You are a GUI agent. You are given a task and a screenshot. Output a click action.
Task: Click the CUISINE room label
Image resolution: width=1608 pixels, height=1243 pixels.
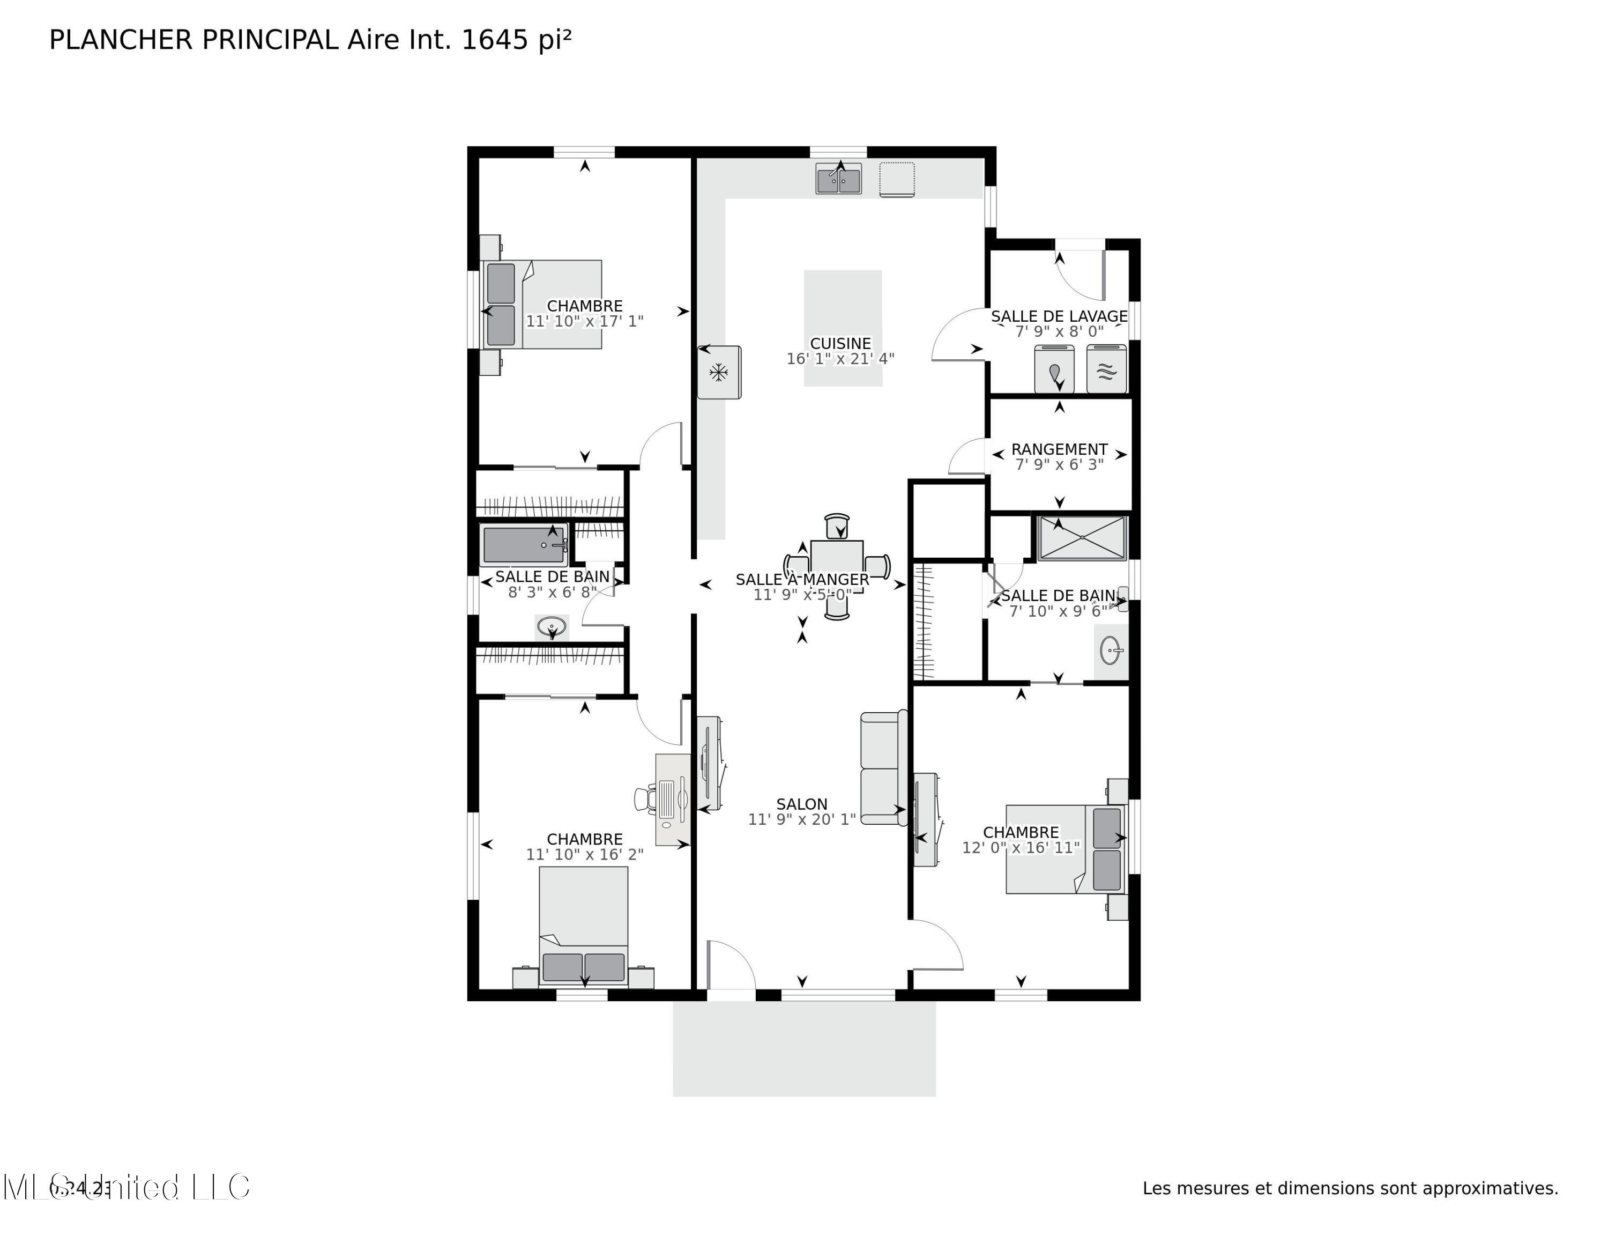click(840, 343)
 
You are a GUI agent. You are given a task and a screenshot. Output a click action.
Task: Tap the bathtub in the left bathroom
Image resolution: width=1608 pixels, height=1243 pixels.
click(524, 545)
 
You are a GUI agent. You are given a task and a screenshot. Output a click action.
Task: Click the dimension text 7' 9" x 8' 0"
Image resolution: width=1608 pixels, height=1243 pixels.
click(1059, 332)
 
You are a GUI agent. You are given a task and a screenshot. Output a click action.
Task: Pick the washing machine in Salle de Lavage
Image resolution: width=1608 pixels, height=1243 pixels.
click(1054, 369)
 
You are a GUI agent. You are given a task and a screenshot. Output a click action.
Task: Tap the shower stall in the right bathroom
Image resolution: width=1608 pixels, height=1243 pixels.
click(1082, 538)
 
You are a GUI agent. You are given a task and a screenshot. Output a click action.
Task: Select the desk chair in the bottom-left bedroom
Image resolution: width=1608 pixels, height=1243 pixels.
click(645, 798)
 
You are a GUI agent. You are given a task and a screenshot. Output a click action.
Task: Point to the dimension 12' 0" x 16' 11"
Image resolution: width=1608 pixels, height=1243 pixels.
click(1021, 848)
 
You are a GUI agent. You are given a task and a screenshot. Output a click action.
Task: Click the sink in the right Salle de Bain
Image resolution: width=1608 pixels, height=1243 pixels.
click(1111, 651)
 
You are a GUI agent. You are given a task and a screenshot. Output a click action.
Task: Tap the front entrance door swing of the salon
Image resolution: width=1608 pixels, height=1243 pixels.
click(731, 965)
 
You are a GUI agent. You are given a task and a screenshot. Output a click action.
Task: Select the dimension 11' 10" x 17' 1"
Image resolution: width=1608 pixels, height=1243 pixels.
click(585, 321)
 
